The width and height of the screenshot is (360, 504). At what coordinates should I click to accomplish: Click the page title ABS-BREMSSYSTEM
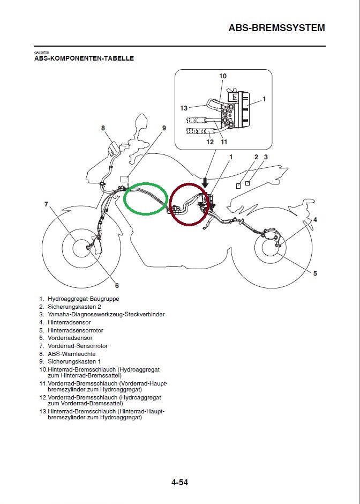(276, 27)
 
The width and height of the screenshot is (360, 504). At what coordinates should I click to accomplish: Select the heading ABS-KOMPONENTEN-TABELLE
(84, 58)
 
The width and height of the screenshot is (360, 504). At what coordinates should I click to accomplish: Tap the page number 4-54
(179, 483)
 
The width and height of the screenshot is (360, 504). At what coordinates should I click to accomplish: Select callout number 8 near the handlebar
(103, 128)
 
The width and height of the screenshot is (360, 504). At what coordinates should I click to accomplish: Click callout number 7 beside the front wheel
(47, 204)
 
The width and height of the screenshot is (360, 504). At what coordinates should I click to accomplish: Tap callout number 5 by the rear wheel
(315, 273)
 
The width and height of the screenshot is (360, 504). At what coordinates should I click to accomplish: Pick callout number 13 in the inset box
(184, 108)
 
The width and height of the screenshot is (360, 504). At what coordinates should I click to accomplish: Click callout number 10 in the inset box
(223, 76)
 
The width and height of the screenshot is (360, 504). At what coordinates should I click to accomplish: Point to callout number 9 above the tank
(164, 128)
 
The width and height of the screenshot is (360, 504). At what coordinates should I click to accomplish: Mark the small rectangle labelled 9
(125, 178)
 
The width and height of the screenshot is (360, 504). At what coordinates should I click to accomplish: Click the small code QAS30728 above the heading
(41, 52)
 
